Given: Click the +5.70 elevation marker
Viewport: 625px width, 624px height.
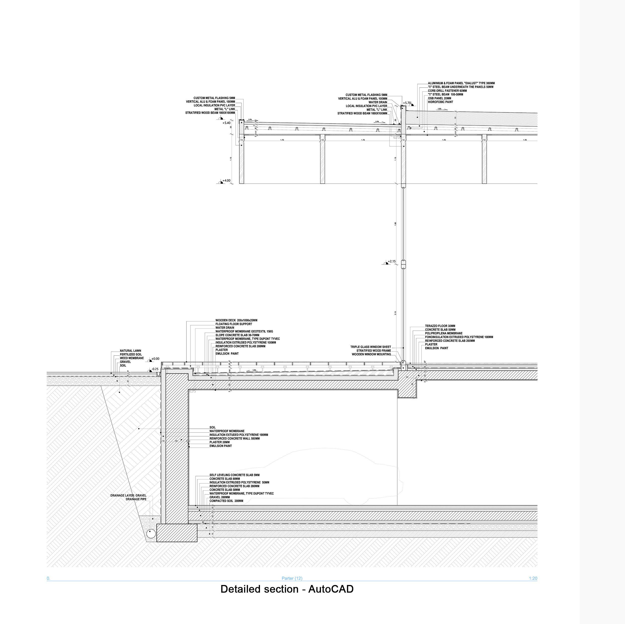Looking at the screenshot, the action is point(407,103).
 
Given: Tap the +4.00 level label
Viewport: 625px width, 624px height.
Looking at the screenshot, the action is point(226,181).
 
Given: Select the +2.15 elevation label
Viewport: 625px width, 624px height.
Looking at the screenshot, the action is point(391,261).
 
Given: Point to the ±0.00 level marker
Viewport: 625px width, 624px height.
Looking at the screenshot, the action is point(155,359).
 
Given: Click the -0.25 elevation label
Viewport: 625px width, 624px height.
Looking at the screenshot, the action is point(155,369).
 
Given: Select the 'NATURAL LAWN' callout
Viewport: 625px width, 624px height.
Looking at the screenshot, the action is point(130,350).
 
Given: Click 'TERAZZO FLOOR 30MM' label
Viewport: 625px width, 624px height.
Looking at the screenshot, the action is point(440,326).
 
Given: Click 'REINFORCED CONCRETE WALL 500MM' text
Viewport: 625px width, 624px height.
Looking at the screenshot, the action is point(234,439).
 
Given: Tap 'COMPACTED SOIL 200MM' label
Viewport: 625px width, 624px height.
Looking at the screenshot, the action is point(226,501).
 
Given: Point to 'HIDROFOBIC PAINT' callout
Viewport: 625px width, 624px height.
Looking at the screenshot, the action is point(440,102).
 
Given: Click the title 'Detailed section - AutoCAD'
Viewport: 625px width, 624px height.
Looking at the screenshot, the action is point(287,589).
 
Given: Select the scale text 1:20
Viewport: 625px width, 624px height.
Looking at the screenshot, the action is point(533,578).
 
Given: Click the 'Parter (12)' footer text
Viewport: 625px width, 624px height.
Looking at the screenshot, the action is point(292,578).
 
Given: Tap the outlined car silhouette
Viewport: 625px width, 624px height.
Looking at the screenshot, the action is point(323,478).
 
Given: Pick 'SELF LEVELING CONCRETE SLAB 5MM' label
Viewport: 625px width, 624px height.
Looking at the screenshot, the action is point(234,475).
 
